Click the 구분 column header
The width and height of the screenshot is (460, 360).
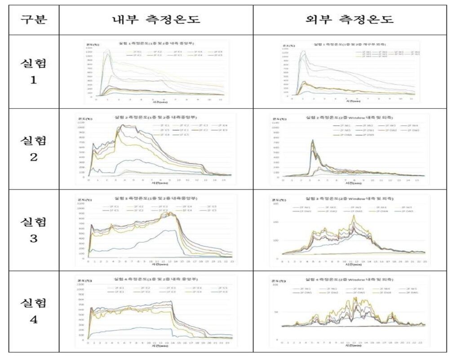coord(34,19)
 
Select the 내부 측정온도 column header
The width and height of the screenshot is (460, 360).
coord(156,19)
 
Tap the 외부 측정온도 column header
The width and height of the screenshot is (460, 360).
coord(349,19)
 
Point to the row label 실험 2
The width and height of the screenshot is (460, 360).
coord(34,149)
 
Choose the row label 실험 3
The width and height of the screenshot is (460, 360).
coord(34,230)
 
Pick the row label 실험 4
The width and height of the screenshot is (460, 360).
coord(34,311)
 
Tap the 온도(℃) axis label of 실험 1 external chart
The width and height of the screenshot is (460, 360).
coord(288,45)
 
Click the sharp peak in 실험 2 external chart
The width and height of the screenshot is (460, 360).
coord(312,140)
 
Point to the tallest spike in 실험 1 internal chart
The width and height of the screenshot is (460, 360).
coord(107,50)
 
